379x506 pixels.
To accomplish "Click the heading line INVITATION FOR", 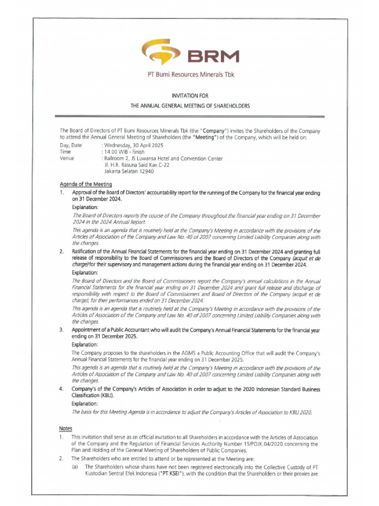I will pos(190,97).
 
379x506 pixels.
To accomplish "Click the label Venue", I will pos(67,159).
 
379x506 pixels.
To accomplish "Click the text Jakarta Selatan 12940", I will pos(130,171).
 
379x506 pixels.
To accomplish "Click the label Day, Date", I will pos(71,146).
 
